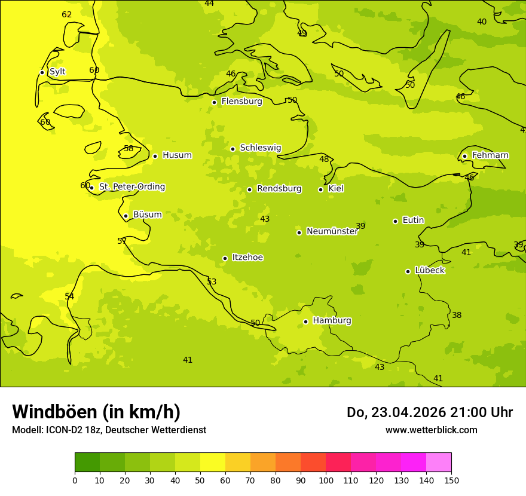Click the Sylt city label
tap(57, 72)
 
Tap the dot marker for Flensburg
tap(214, 102)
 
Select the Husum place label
tap(177, 155)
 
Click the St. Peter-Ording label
tap(132, 187)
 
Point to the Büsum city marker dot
tap(126, 216)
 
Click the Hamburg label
tap(332, 321)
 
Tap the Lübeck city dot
tap(408, 271)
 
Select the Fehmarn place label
tap(490, 155)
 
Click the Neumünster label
tap(332, 231)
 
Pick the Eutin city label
tap(413, 221)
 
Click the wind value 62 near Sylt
tap(67, 15)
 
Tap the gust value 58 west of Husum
tap(129, 149)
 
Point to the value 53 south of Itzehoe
tap(212, 282)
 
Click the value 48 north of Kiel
tap(324, 160)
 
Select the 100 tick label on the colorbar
tap(326, 480)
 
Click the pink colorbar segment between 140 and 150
tap(439, 463)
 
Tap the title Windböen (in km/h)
tap(96, 412)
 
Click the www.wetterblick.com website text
tap(431, 430)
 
